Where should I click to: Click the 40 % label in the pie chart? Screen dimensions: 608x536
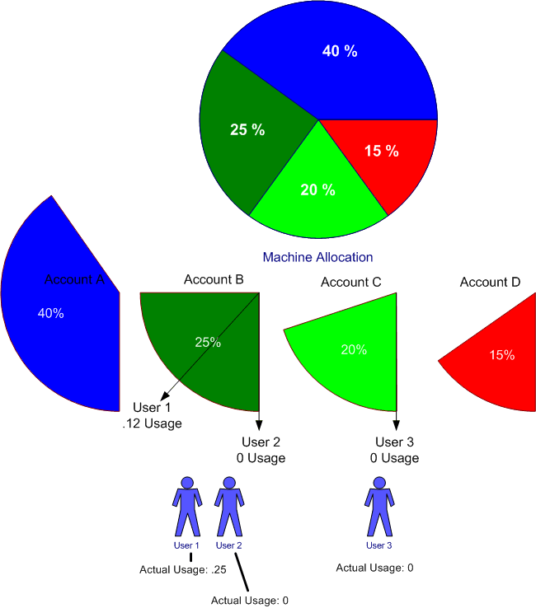pos(340,51)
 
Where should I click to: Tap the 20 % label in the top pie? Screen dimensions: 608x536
pos(317,189)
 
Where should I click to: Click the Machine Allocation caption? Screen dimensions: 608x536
pos(317,257)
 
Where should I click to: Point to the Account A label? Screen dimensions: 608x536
pos(74,279)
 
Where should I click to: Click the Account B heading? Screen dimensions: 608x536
pos(214,279)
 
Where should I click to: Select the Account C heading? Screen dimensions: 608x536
pos(350,282)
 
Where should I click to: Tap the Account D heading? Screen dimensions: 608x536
pos(490,282)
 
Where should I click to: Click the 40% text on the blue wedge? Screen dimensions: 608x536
pos(51,313)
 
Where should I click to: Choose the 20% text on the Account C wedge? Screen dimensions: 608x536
pos(354,349)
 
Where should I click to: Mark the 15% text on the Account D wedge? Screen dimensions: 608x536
pos(501,355)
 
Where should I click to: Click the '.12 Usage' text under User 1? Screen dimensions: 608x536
pos(152,423)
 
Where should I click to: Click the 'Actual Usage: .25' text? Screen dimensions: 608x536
pos(183,569)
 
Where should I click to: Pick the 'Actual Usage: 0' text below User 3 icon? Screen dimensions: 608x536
pos(374,568)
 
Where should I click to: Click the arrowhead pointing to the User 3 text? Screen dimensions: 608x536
pos(397,425)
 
